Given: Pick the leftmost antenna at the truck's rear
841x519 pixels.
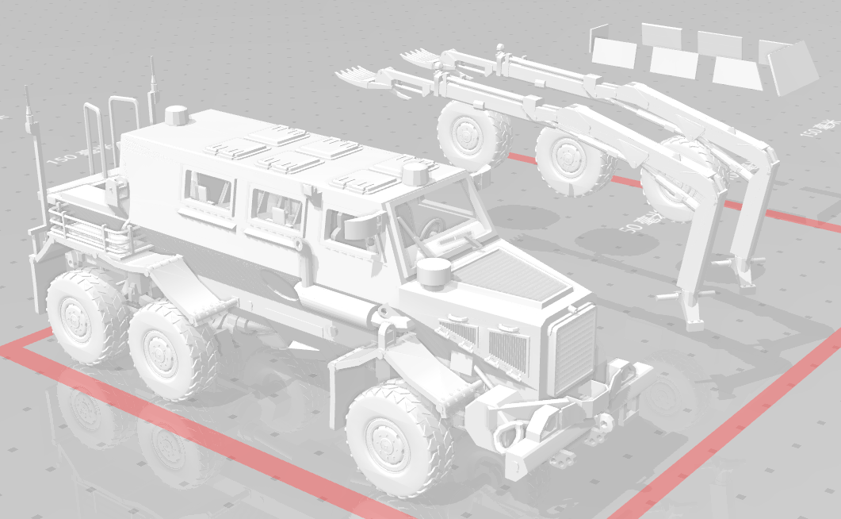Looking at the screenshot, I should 30,119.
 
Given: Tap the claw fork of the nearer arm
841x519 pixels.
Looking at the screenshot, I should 361,77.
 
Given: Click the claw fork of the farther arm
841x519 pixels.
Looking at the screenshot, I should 419,56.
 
